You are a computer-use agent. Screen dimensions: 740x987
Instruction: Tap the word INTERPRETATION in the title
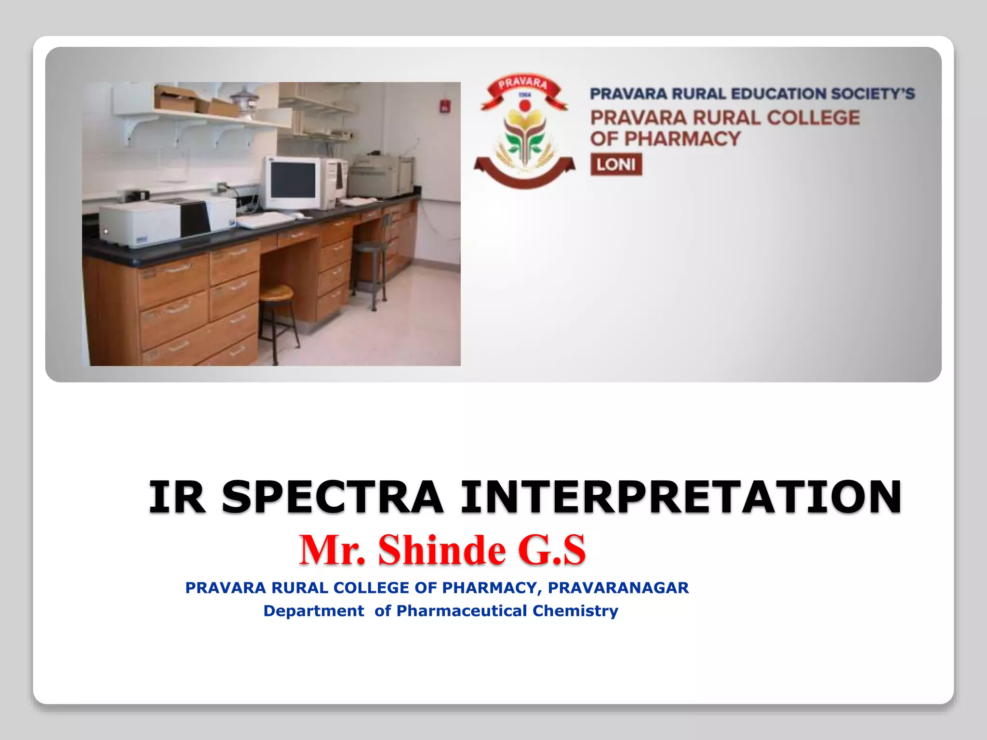click(x=680, y=497)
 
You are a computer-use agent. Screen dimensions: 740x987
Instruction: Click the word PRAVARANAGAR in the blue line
click(x=618, y=588)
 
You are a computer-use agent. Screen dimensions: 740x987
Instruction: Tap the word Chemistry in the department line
click(x=575, y=611)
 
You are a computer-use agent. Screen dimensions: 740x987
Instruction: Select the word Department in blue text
click(x=313, y=611)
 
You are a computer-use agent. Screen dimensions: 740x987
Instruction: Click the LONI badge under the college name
click(x=616, y=165)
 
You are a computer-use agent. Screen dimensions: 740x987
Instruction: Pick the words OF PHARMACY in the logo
click(x=665, y=139)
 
